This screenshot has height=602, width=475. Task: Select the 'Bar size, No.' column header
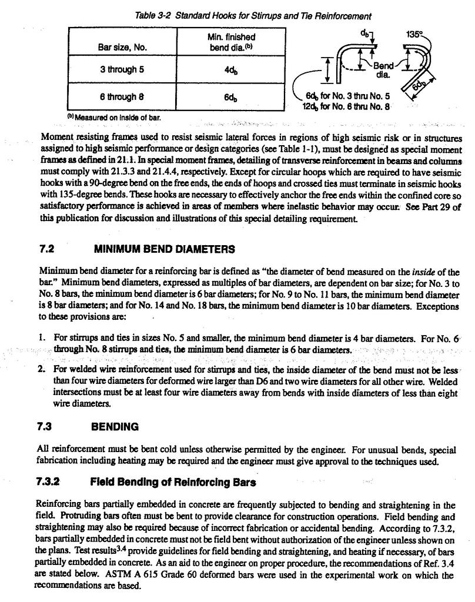122,46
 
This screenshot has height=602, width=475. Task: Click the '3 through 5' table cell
122,70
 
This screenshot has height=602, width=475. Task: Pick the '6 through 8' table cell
122,97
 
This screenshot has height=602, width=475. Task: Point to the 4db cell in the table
230,70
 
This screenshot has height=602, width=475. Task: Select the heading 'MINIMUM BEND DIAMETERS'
165,249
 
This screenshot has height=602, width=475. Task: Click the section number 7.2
47,249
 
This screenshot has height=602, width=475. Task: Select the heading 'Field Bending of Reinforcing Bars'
173,482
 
